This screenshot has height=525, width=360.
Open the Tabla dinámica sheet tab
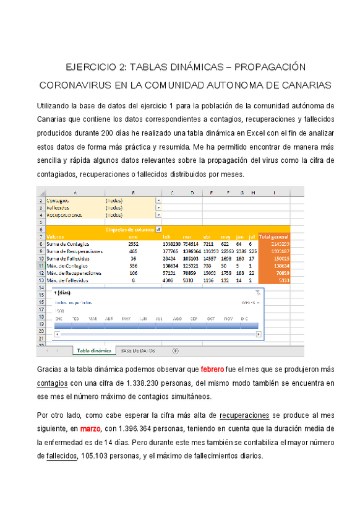(x=94, y=350)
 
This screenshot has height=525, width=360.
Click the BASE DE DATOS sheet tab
(x=139, y=350)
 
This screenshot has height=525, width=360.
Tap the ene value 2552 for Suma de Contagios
(x=133, y=244)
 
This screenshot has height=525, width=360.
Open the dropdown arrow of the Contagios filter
(x=159, y=201)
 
